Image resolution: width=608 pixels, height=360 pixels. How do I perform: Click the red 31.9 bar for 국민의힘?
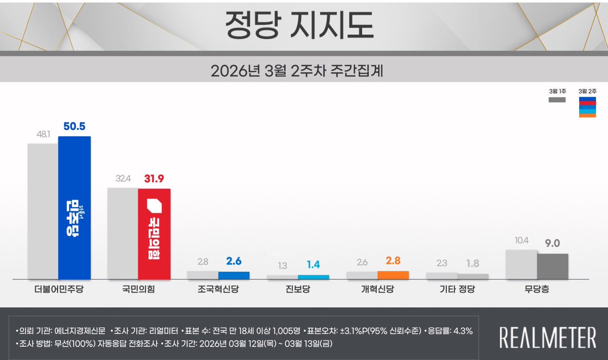(154, 233)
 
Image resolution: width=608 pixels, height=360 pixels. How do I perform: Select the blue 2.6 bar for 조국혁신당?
(234, 275)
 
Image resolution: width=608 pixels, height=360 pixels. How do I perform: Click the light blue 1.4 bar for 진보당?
(313, 277)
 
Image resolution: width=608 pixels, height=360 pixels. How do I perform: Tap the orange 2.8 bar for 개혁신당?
(393, 275)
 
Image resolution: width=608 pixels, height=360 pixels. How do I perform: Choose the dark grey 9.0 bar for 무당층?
(552, 266)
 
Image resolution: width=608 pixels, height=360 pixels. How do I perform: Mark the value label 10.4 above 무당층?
(520, 241)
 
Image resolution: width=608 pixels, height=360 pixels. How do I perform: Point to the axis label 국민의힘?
(138, 290)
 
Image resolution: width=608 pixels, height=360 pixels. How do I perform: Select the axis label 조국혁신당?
(218, 290)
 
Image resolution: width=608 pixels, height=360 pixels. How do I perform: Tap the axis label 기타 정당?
(457, 290)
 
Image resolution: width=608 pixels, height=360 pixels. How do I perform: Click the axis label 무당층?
(537, 290)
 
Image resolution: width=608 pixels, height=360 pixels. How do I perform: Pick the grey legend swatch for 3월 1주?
(557, 100)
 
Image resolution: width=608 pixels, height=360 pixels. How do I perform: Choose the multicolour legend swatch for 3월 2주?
(587, 107)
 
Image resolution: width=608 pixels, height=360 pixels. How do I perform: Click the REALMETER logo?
(547, 338)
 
